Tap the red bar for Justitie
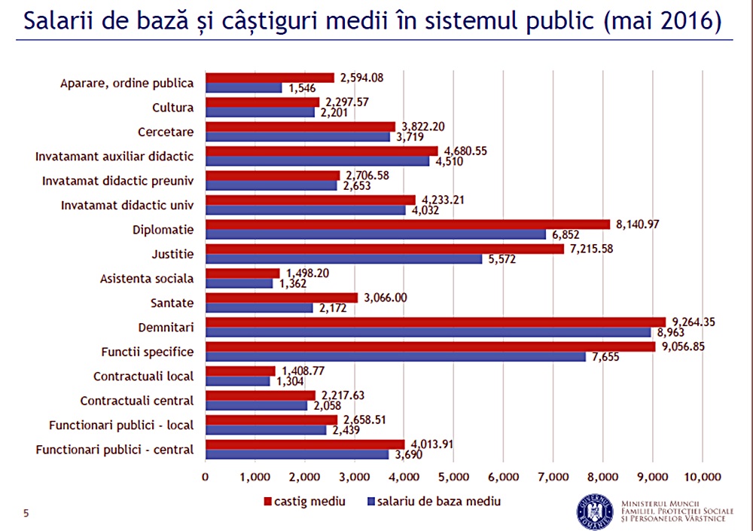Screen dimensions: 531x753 pos(384,249)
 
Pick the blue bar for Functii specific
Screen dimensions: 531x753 pos(395,356)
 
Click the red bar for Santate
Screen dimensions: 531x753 pos(282,298)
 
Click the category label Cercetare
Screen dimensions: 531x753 pos(166,132)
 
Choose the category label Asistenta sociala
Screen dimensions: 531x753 pos(147,279)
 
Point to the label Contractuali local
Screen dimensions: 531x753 pos(143,376)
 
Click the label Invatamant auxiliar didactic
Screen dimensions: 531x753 pos(114,157)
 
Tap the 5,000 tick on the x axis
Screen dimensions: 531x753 pos(453,476)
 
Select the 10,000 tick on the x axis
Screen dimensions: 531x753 pos(702,476)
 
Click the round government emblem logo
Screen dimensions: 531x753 pos(595,511)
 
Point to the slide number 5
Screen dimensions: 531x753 pos(26,514)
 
